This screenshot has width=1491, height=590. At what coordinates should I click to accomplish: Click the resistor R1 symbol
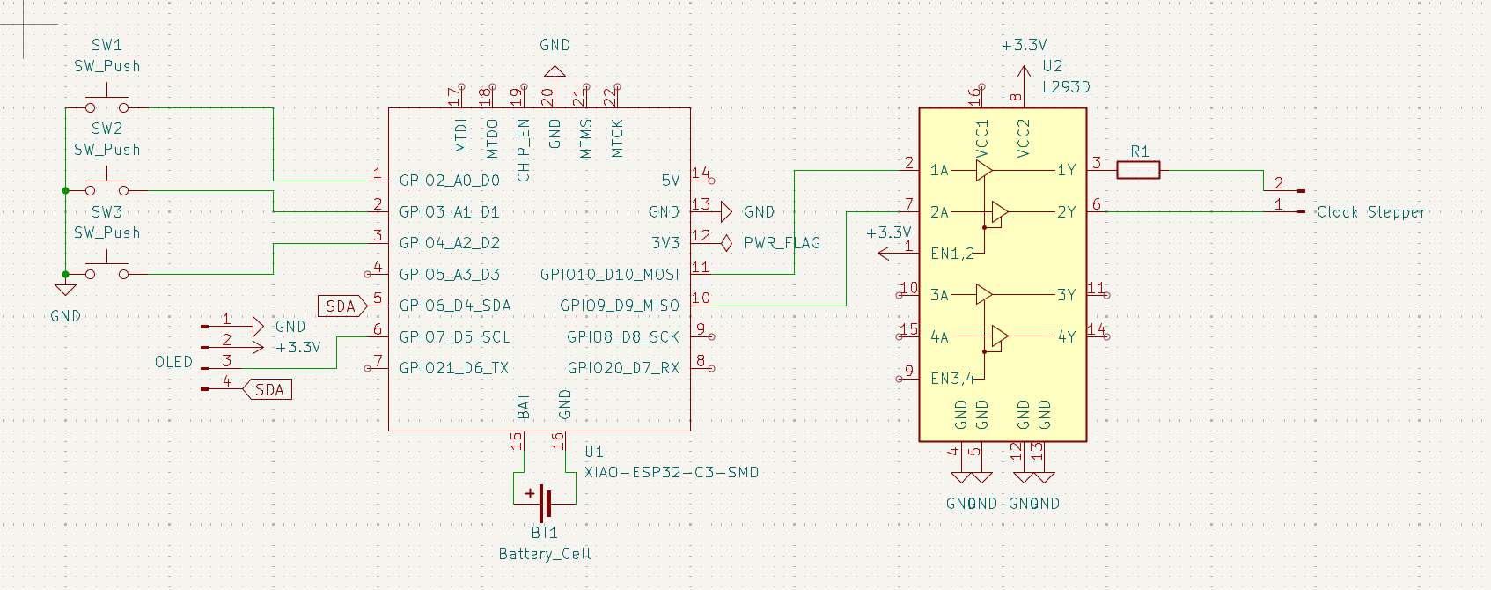click(1138, 170)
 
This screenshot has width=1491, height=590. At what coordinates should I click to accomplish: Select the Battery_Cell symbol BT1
click(544, 503)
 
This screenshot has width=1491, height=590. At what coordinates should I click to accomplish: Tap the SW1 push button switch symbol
click(107, 102)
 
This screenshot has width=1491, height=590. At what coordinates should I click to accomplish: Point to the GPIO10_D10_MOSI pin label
click(609, 275)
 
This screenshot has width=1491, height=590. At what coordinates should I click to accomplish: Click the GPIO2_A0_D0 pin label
click(449, 181)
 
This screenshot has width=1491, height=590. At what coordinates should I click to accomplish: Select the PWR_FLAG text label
click(782, 243)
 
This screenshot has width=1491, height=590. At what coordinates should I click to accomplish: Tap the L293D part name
click(1066, 87)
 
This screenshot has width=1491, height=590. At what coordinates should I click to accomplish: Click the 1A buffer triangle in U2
click(984, 170)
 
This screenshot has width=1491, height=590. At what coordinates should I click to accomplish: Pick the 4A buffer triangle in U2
click(999, 336)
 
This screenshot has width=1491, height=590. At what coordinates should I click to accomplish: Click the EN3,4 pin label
click(952, 379)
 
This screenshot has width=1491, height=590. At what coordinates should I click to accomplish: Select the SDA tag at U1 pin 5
click(342, 306)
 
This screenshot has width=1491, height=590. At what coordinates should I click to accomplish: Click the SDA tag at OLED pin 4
click(268, 390)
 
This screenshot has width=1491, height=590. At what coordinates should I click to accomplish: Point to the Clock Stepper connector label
click(1370, 212)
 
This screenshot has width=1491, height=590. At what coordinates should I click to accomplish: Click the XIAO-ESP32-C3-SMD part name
click(671, 473)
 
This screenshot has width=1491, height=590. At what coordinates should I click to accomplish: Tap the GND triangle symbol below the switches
click(65, 289)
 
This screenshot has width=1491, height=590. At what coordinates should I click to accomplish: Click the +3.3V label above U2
click(1024, 45)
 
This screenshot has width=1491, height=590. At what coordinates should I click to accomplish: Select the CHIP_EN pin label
click(524, 150)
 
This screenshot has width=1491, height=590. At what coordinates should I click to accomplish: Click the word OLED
click(173, 362)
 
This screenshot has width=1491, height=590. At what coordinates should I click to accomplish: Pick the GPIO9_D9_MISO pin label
click(619, 306)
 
